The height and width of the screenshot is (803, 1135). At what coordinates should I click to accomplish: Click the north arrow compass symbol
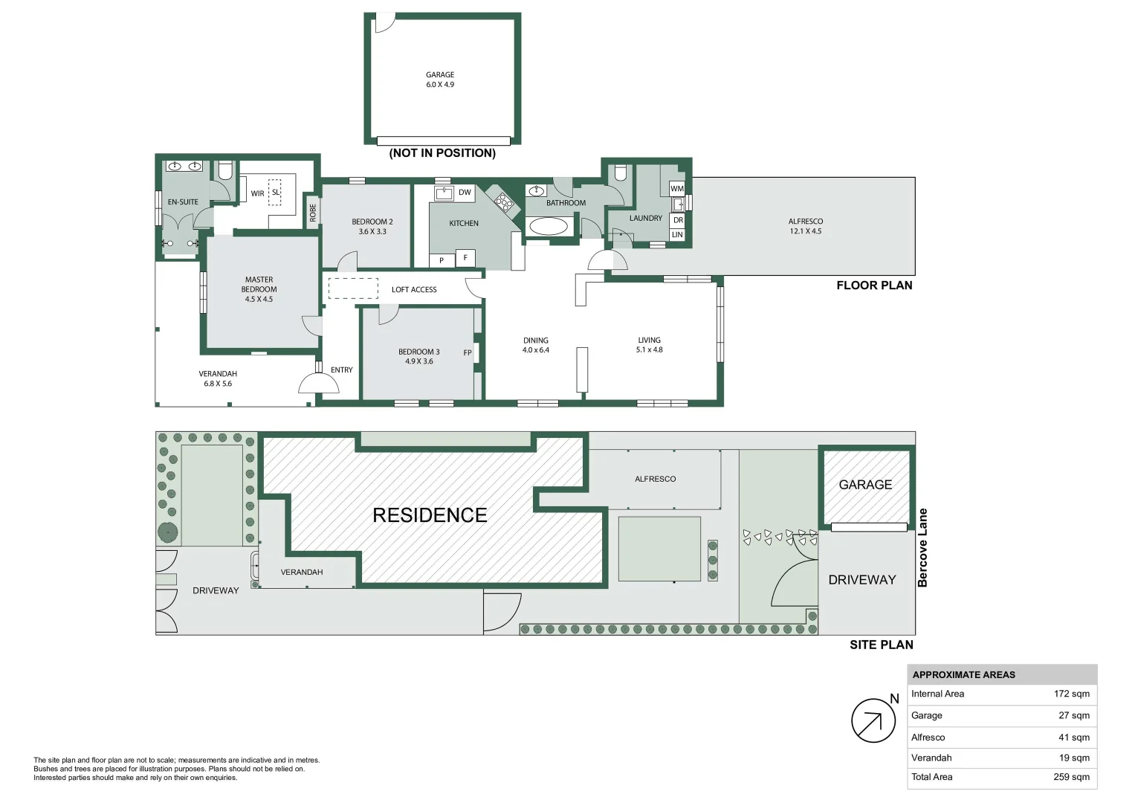pos(873,720)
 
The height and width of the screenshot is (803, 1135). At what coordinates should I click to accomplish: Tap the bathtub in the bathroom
pos(549,226)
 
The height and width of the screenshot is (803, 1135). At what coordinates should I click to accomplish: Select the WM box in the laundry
pos(676,189)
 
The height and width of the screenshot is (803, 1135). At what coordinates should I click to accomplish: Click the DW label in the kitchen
pos(465,193)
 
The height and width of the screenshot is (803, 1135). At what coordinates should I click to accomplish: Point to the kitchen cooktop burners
pos(505,201)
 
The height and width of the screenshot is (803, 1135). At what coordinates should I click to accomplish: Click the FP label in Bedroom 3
pos(468,353)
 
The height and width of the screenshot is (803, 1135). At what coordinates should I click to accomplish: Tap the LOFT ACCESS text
pos(414,290)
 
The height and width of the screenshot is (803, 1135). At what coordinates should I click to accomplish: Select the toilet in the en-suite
pos(225,171)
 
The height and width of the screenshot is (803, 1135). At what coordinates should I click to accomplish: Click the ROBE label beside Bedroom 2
pos(313,213)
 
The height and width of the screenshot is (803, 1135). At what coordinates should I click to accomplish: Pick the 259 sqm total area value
pos(1071,777)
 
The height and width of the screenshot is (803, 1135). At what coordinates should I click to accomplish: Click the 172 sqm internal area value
pos(1071,694)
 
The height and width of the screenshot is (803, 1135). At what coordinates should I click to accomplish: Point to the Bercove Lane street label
pos(922,548)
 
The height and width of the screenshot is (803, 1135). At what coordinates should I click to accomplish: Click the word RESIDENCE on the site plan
pos(430,515)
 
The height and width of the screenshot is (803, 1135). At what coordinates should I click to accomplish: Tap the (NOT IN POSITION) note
pos(442,153)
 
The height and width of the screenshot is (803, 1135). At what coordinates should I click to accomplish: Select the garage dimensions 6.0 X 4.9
pos(440,85)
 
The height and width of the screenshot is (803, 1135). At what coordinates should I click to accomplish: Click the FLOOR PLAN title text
pos(874,286)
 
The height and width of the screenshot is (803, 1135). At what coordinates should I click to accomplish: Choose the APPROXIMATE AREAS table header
pos(963,675)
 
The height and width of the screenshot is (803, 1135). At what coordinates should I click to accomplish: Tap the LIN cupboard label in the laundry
pos(677,235)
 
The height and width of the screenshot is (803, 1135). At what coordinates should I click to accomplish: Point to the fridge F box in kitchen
pos(465,258)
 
